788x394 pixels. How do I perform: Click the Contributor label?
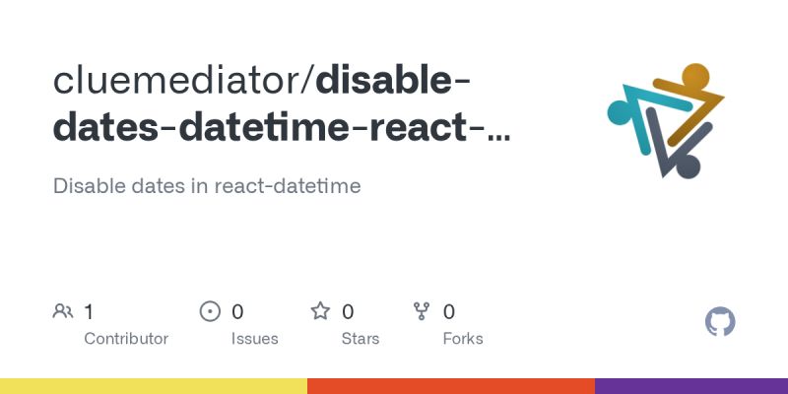tap(126, 338)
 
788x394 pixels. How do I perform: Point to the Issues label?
tap(255, 338)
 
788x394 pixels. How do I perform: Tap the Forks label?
tap(463, 338)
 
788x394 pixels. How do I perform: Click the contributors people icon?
tap(63, 312)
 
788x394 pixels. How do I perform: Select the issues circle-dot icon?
tap(210, 312)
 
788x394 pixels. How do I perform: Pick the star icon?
tap(320, 312)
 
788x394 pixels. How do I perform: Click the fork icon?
tap(423, 312)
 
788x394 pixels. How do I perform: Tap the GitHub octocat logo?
tap(721, 322)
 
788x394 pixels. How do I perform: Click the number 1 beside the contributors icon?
tap(89, 312)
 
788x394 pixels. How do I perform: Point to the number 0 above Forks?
tap(449, 312)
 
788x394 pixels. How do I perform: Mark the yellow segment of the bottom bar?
tap(153, 386)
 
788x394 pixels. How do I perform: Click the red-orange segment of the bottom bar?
tap(450, 386)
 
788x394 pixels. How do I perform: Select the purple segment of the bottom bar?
tap(690, 386)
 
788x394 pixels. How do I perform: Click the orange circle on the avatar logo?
tap(694, 76)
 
